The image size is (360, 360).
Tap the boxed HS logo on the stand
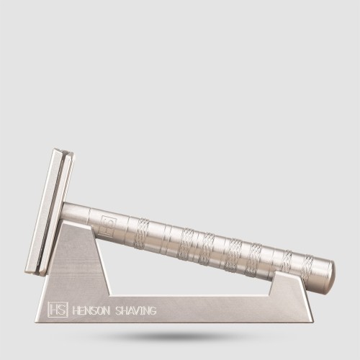(x=57, y=310)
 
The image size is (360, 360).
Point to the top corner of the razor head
(x=58, y=151)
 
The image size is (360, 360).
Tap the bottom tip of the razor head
(x=30, y=272)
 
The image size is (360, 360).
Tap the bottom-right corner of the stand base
(x=312, y=320)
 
